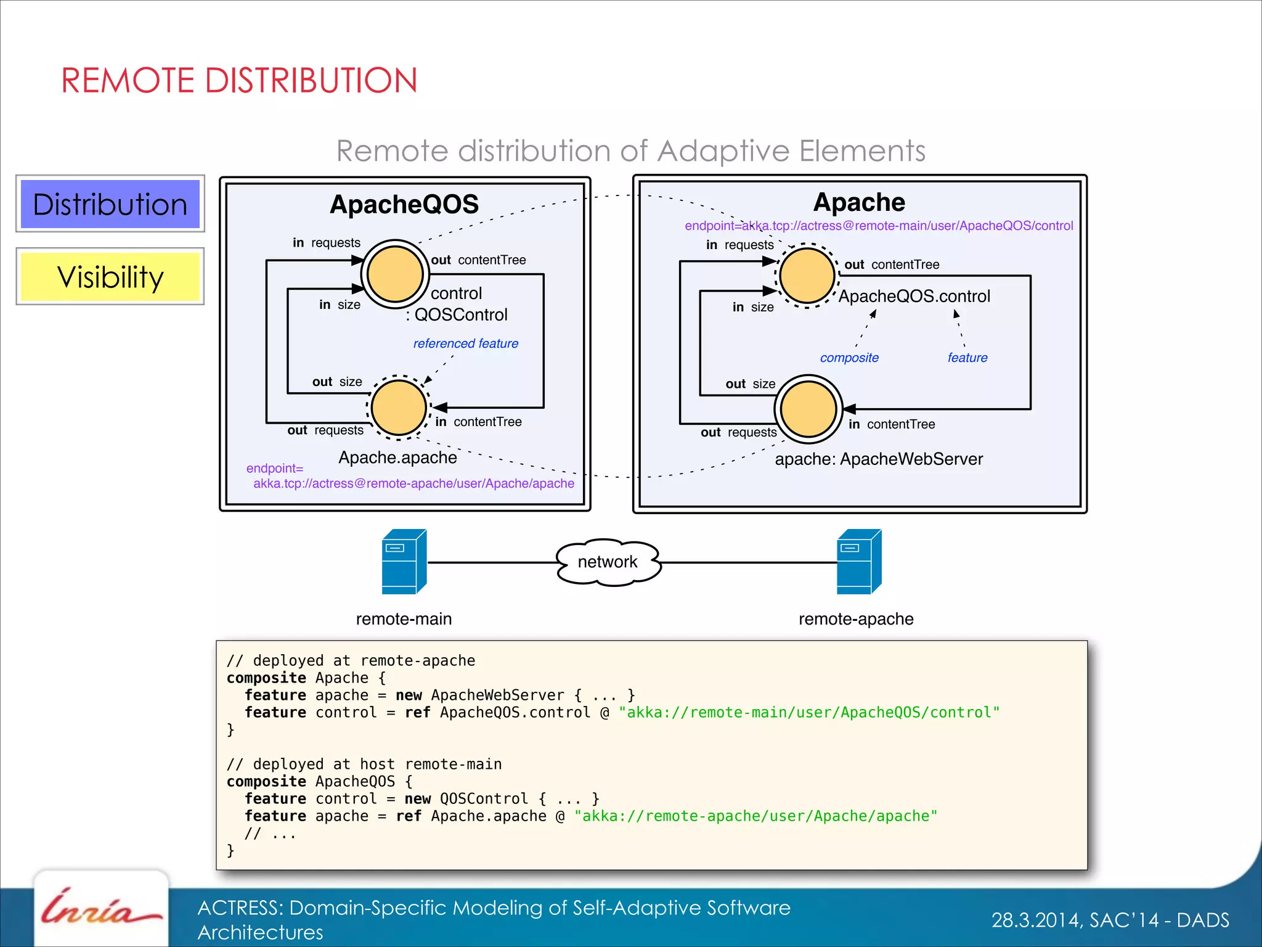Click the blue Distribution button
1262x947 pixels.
110,204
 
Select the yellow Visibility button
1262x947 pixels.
110,277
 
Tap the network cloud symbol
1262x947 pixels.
608,562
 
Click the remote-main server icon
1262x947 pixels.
404,562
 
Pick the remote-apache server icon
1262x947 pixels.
858,562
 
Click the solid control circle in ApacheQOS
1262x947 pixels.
395,274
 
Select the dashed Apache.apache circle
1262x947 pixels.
399,408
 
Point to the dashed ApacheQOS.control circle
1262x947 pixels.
807,276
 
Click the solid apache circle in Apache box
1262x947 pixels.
808,409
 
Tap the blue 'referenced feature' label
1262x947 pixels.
465,343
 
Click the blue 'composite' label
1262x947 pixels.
849,358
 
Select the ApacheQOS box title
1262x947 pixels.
404,204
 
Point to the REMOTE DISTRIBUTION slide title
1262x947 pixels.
239,81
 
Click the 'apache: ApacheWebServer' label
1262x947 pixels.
878,459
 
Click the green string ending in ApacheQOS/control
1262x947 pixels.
808,713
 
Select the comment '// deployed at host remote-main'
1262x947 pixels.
364,765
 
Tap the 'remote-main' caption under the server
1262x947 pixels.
404,619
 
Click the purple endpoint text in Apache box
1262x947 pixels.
878,226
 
